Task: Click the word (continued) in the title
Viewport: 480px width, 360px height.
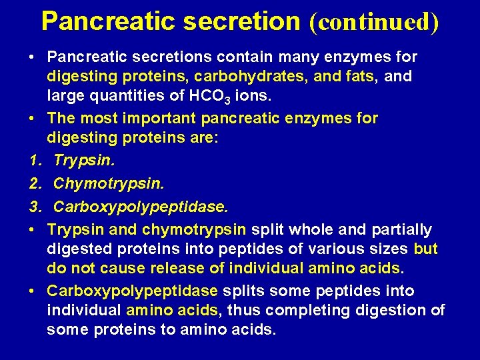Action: [x=374, y=22]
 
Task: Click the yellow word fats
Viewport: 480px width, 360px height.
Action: [x=360, y=77]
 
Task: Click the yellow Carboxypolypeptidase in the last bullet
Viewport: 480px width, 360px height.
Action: [x=132, y=291]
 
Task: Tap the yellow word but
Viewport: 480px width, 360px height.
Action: [x=425, y=249]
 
